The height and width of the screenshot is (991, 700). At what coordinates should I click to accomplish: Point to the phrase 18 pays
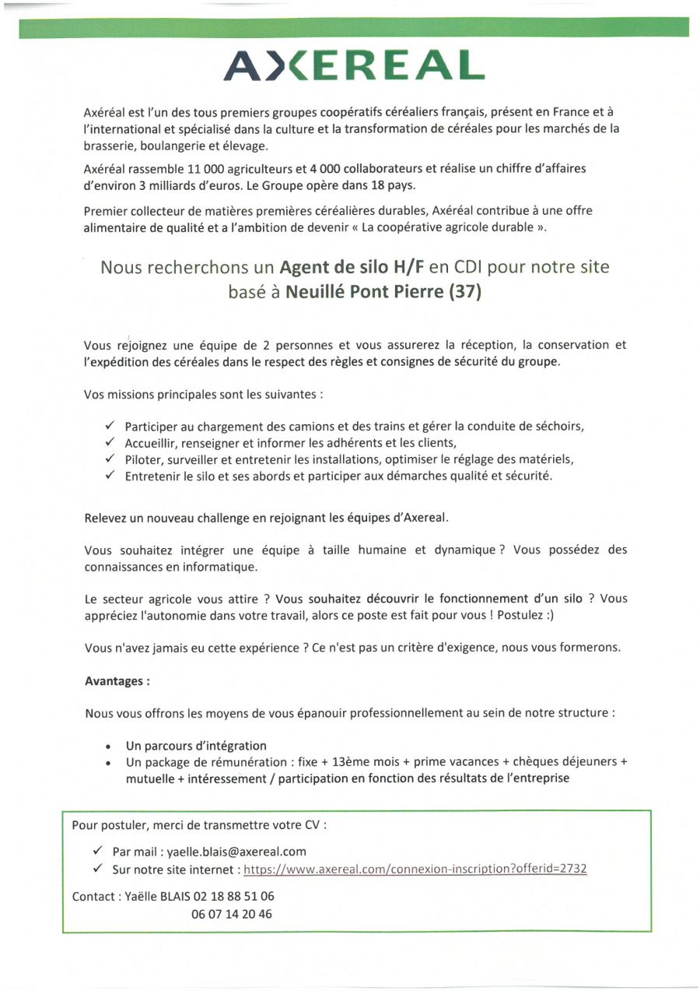[x=397, y=185]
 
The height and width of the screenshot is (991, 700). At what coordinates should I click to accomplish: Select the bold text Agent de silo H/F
[x=352, y=267]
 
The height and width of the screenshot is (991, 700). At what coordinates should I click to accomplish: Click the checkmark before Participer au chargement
[x=109, y=425]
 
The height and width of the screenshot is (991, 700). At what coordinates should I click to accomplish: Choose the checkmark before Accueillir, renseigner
[x=109, y=442]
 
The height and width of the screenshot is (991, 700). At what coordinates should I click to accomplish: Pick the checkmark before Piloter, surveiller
[x=109, y=459]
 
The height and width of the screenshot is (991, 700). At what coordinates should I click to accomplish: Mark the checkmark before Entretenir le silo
[x=109, y=476]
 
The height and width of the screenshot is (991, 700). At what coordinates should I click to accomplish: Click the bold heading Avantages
[x=117, y=680]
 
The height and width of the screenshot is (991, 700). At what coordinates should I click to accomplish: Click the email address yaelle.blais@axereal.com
[x=236, y=851]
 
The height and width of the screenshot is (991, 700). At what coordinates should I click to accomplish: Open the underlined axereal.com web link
[x=415, y=869]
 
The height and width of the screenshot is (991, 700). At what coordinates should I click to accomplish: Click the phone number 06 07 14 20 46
[x=232, y=914]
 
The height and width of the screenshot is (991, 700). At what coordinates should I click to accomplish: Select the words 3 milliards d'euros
[x=189, y=185]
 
